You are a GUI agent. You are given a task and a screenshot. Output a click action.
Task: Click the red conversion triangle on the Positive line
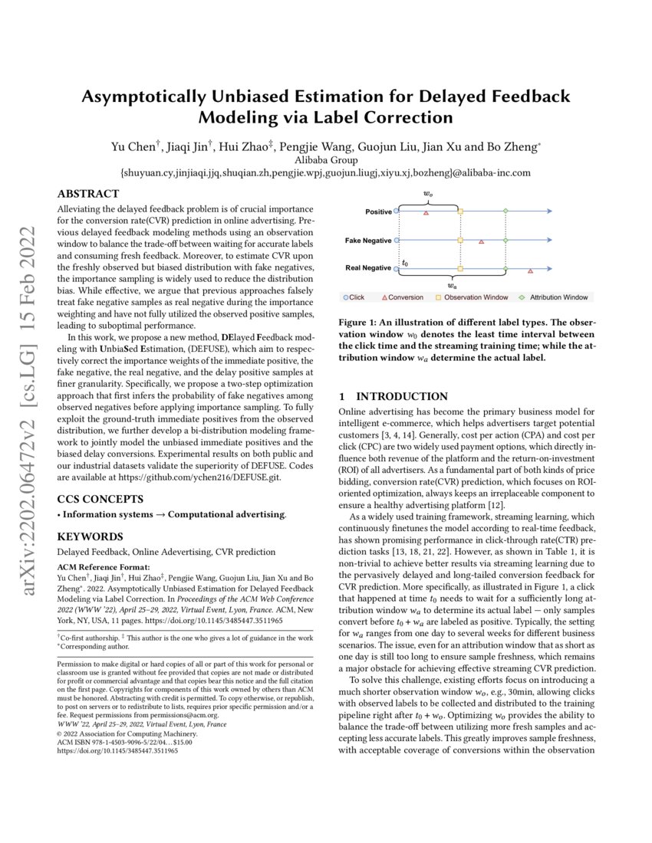pyautogui.click(x=426, y=212)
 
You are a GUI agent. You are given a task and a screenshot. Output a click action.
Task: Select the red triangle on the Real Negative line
pyautogui.click(x=531, y=271)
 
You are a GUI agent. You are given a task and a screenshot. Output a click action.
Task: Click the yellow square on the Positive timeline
pyautogui.click(x=460, y=211)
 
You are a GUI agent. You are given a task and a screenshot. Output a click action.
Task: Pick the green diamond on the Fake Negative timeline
pyautogui.click(x=505, y=240)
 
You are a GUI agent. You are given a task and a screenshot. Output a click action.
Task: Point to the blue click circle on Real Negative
pyautogui.click(x=397, y=269)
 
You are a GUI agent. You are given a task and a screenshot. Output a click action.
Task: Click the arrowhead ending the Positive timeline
pyautogui.click(x=548, y=211)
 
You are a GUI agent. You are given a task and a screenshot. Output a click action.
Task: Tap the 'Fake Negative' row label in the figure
pyautogui.click(x=367, y=240)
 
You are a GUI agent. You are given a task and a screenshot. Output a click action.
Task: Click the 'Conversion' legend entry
pyautogui.click(x=402, y=297)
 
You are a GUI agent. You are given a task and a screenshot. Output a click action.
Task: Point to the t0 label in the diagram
pyautogui.click(x=405, y=263)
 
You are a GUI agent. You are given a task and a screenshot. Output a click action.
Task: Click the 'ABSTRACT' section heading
pyautogui.click(x=88, y=194)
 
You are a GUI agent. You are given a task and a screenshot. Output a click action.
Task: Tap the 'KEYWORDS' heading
pyautogui.click(x=90, y=536)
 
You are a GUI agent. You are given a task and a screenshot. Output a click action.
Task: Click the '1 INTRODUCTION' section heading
pyautogui.click(x=393, y=396)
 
